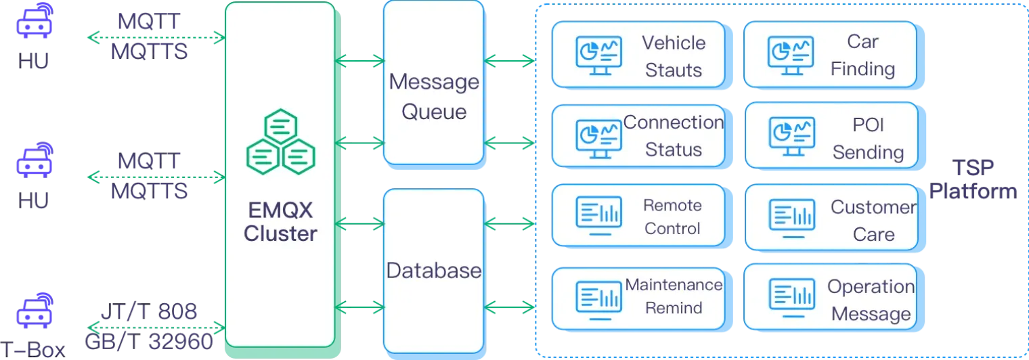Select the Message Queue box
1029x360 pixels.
click(x=434, y=83)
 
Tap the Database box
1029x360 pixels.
click(x=434, y=271)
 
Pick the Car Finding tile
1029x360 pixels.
click(x=830, y=55)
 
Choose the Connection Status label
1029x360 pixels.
click(x=674, y=135)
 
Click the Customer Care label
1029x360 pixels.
click(x=873, y=221)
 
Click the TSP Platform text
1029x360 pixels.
click(x=973, y=179)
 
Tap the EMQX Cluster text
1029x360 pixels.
click(x=280, y=222)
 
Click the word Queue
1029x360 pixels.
click(x=434, y=111)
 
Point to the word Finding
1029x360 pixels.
click(x=862, y=68)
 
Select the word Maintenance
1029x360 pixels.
click(x=674, y=285)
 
